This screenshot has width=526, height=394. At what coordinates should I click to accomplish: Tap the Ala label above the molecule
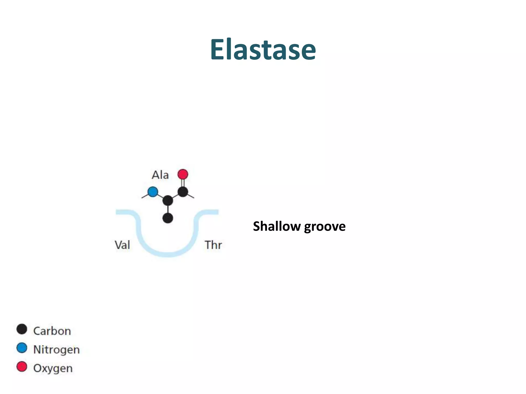click(x=160, y=175)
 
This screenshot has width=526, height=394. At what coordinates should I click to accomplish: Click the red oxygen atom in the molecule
click(x=183, y=174)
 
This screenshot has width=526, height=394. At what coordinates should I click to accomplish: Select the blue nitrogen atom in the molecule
click(x=153, y=192)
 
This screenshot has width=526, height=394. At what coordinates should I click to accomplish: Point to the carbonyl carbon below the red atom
click(x=183, y=192)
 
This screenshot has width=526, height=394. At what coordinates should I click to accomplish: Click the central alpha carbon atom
click(x=168, y=200)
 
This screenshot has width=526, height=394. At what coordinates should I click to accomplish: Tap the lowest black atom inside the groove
click(x=168, y=218)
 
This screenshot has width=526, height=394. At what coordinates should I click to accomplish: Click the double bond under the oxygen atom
click(x=183, y=183)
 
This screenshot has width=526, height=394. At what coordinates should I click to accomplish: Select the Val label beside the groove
click(x=122, y=245)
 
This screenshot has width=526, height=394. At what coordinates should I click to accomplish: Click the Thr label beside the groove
click(x=213, y=245)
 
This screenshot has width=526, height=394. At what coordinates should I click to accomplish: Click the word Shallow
click(x=277, y=226)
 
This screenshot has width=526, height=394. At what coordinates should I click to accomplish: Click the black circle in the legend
click(x=22, y=329)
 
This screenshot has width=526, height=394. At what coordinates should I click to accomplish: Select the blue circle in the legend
click(x=22, y=348)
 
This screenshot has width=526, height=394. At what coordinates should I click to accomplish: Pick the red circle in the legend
click(x=22, y=367)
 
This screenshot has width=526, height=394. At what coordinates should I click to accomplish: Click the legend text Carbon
click(x=52, y=331)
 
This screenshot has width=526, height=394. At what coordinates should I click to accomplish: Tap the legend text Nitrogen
click(x=57, y=350)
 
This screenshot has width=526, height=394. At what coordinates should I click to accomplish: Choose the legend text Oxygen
click(x=53, y=368)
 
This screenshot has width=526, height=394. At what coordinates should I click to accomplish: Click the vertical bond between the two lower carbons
click(x=168, y=209)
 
